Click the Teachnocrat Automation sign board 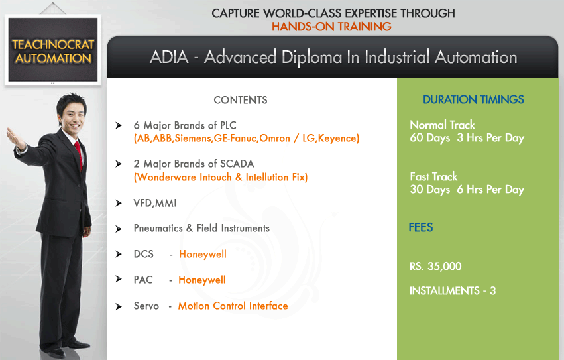pos(53,50)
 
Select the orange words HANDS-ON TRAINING pos(331,27)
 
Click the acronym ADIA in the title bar pos(169,57)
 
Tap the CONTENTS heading pos(241,100)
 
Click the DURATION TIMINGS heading pos(473,99)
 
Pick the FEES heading pos(420,227)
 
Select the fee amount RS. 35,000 pos(435,267)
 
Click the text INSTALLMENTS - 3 pos(453,291)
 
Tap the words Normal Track pos(443,125)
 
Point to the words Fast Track pos(433,177)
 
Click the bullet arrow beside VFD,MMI pos(119,203)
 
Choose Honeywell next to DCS pos(203,254)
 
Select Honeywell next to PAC pos(202,280)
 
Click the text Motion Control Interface pos(233,306)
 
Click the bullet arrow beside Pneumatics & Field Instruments pos(119,229)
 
